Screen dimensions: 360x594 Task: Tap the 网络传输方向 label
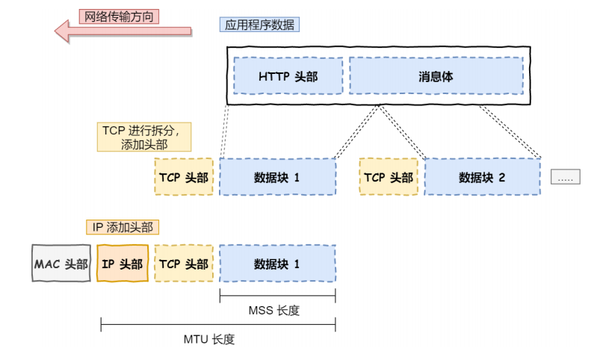pyautogui.click(x=120, y=16)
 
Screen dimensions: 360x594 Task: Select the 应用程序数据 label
pyautogui.click(x=259, y=25)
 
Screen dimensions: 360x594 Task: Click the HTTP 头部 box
pyautogui.click(x=288, y=76)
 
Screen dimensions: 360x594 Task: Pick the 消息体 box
pyautogui.click(x=436, y=76)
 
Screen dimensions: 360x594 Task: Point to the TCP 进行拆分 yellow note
pyautogui.click(x=143, y=137)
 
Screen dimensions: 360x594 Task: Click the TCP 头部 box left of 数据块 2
pyautogui.click(x=389, y=177)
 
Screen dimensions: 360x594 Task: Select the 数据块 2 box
pyautogui.click(x=482, y=177)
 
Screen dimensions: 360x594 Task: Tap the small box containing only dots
pyautogui.click(x=565, y=177)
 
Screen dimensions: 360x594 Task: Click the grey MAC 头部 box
pyautogui.click(x=61, y=264)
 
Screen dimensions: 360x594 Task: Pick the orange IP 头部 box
pyautogui.click(x=123, y=264)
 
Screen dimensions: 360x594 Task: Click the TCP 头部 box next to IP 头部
pyautogui.click(x=184, y=264)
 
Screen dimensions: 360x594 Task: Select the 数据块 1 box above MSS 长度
pyautogui.click(x=277, y=264)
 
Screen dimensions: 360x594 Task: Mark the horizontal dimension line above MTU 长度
pyautogui.click(x=217, y=325)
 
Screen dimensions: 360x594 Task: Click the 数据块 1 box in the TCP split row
pyautogui.click(x=277, y=177)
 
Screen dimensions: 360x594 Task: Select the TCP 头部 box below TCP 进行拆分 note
pyautogui.click(x=184, y=177)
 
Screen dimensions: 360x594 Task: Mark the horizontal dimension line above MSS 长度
pyautogui.click(x=277, y=296)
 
